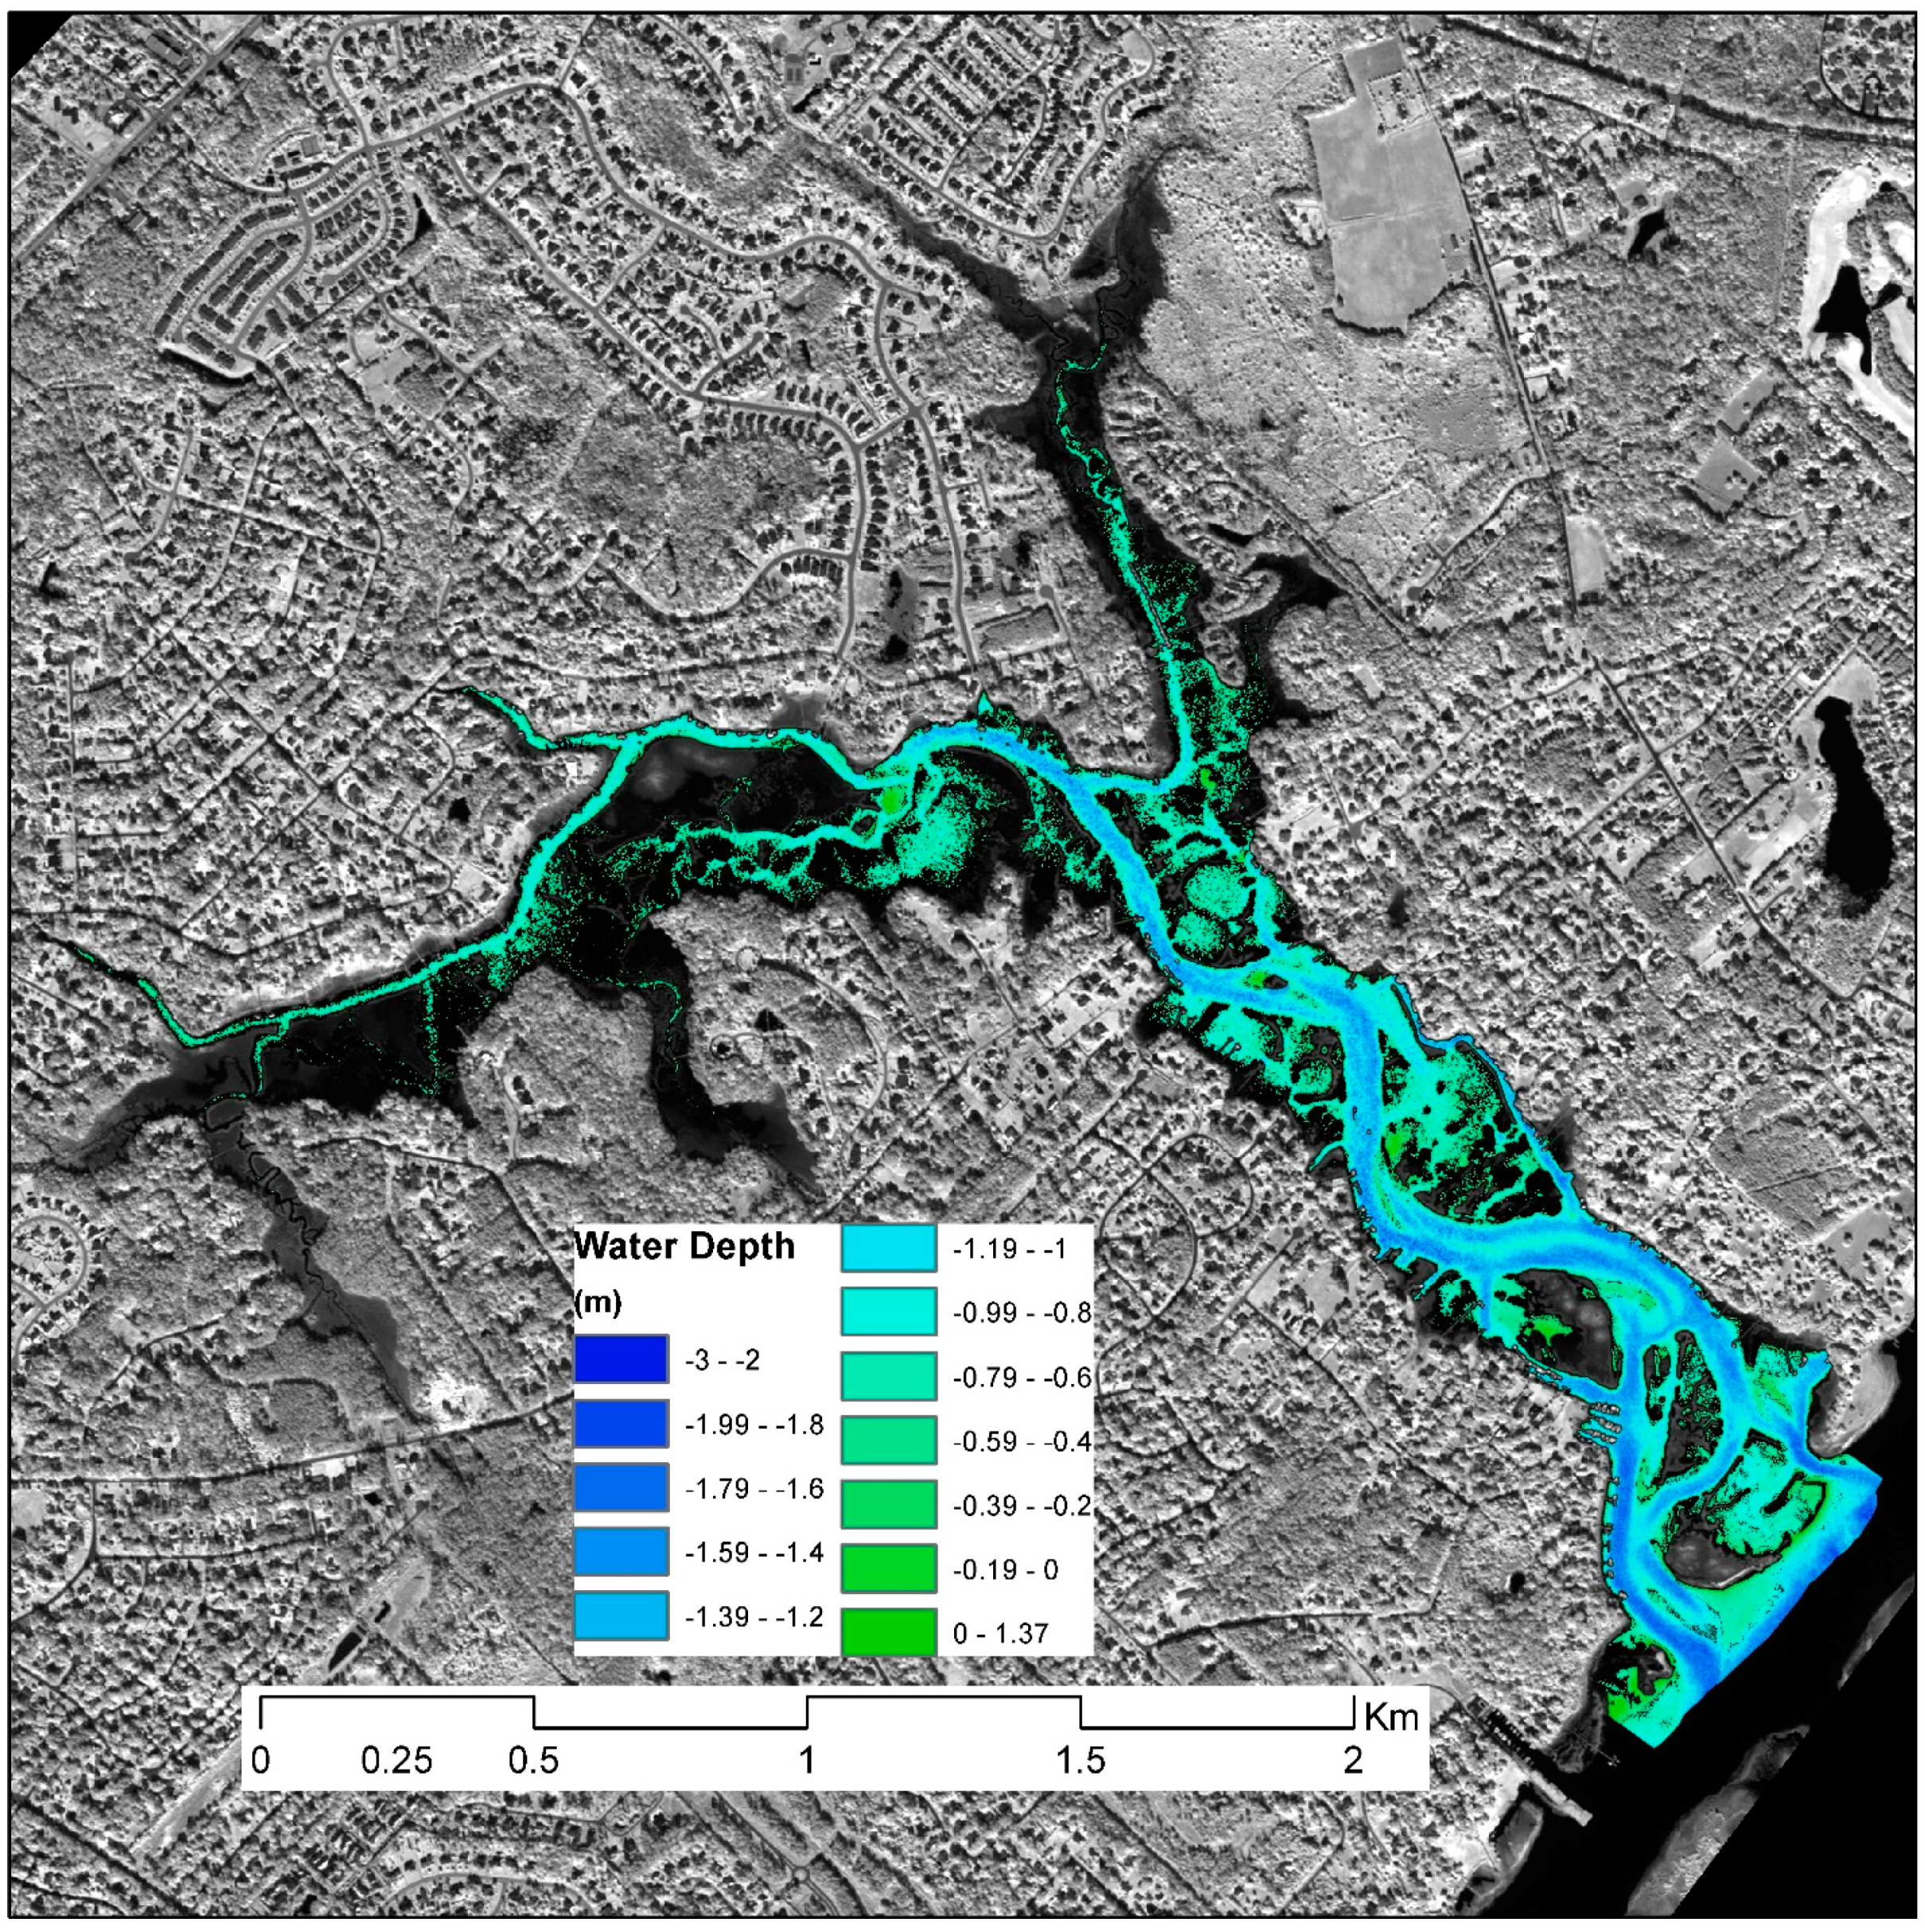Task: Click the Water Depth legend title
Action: tap(684, 1246)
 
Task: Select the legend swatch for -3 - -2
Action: tap(621, 1359)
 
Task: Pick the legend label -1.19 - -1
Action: tap(1009, 1249)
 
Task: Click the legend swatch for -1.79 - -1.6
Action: tap(621, 1487)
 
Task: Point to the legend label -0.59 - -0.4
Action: tap(1021, 1441)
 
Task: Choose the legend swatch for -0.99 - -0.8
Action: tap(888, 1312)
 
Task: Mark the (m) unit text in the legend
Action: tap(598, 1303)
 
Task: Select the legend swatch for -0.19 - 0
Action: tap(888, 1569)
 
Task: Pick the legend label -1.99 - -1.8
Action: tap(754, 1425)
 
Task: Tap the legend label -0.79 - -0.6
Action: tap(1021, 1378)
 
